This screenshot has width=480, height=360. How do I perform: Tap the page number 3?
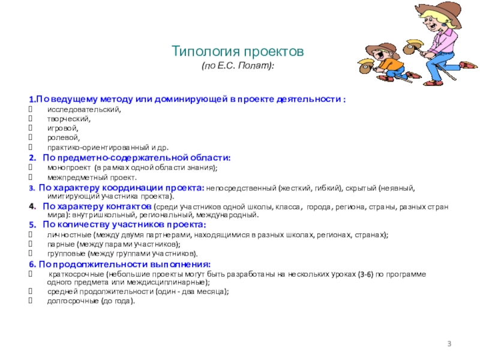click(449, 343)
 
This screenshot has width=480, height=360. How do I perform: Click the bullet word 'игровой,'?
click(62, 128)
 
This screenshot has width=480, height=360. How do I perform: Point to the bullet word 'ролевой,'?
click(63, 137)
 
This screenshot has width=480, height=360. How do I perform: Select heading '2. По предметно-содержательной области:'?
click(129, 157)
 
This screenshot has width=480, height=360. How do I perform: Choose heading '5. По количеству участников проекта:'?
click(117, 224)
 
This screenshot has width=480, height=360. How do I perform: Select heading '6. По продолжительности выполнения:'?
click(120, 264)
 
